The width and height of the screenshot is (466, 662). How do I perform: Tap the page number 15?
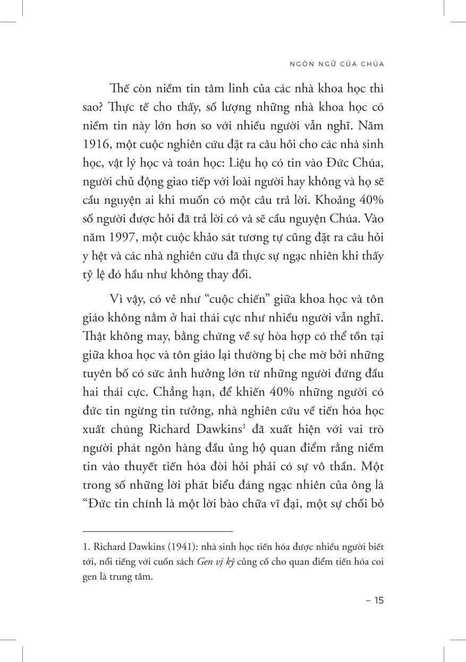coord(375,601)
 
